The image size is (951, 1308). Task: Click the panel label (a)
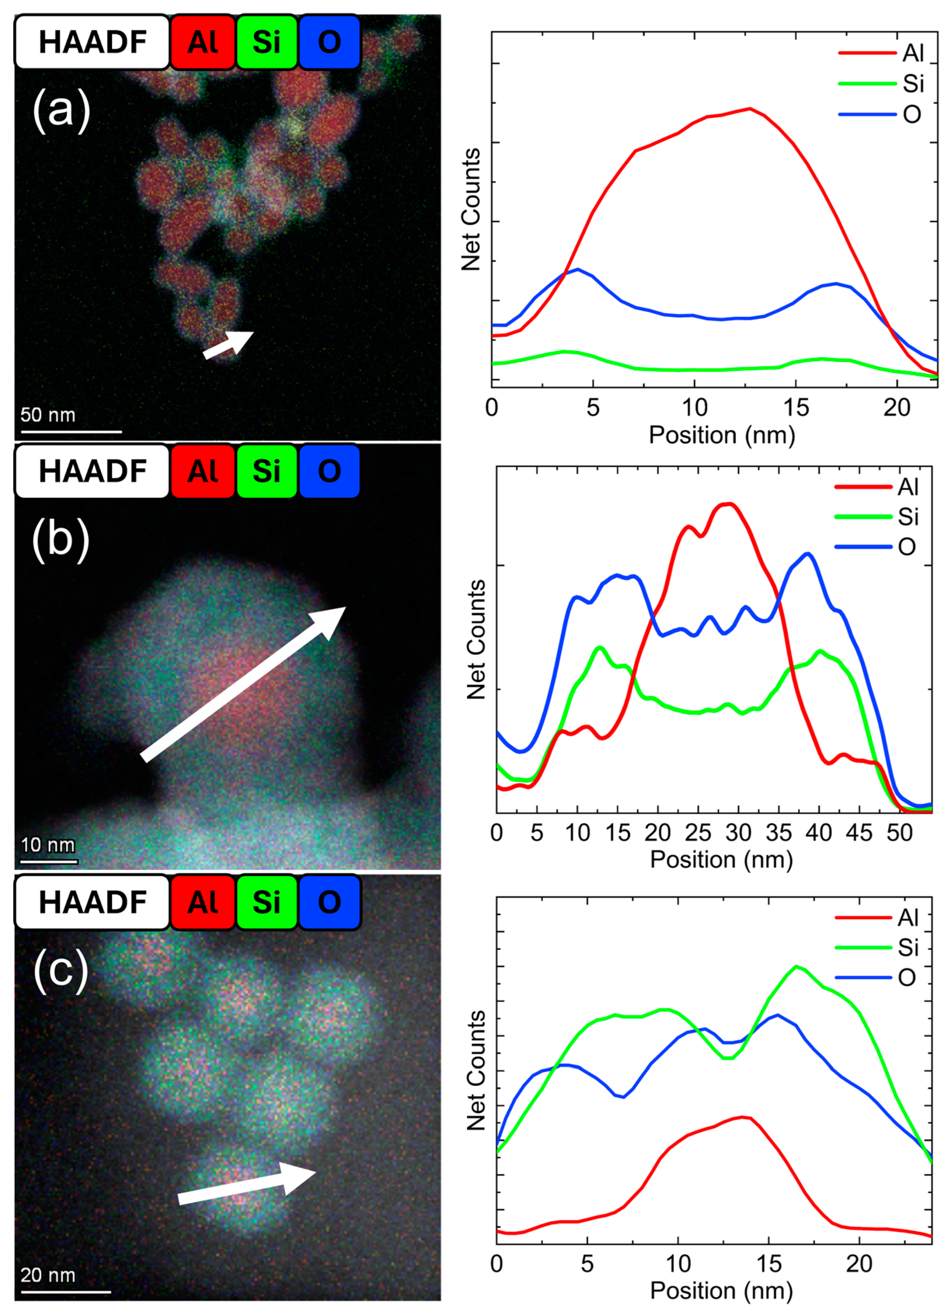coord(61,110)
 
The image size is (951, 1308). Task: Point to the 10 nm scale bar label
coord(48,845)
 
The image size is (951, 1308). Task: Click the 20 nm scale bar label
coord(48,1275)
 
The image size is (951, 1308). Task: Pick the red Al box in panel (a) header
coord(203,42)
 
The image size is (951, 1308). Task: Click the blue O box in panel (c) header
coord(329,902)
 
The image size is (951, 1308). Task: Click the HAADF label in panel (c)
coord(92,902)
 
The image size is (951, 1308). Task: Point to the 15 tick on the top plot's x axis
coord(796,408)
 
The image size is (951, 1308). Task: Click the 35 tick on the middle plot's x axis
coord(779,833)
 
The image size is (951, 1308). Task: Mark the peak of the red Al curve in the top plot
coord(749,109)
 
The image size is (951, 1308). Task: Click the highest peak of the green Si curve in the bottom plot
coord(797,966)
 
